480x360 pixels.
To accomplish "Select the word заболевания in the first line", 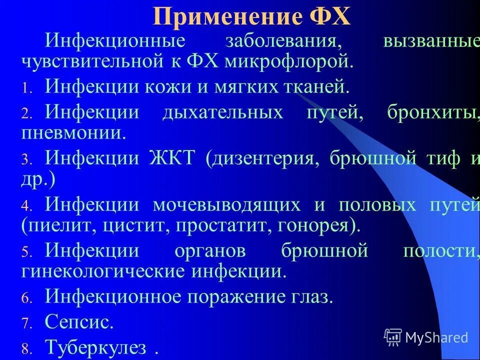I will pos(278,39).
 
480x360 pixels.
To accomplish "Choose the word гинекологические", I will pos(103,272).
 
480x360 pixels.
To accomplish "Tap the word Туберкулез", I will pos(95,346).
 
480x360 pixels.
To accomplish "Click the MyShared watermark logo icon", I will pos(393,337).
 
